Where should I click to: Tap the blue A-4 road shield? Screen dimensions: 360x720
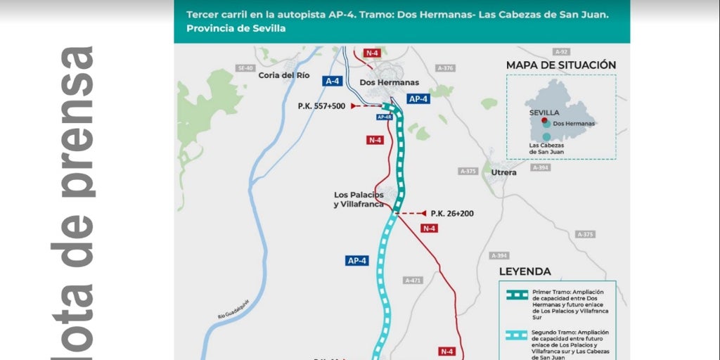(333, 81)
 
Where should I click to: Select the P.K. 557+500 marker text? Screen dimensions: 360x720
(321, 106)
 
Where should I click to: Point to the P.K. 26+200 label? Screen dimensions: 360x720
(451, 213)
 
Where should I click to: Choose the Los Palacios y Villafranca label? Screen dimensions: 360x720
(359, 199)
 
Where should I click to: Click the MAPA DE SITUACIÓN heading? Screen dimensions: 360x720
(561, 65)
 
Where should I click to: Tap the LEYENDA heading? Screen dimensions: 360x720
(525, 271)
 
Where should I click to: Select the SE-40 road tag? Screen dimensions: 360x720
(245, 68)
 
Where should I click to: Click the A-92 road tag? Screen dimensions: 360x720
(560, 52)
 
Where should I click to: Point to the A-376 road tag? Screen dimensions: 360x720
(445, 68)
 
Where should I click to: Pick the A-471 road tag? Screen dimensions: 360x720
(413, 280)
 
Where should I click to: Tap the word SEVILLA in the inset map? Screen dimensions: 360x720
(544, 112)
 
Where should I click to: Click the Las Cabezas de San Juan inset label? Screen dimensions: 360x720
(546, 148)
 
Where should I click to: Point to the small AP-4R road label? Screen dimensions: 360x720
(384, 117)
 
